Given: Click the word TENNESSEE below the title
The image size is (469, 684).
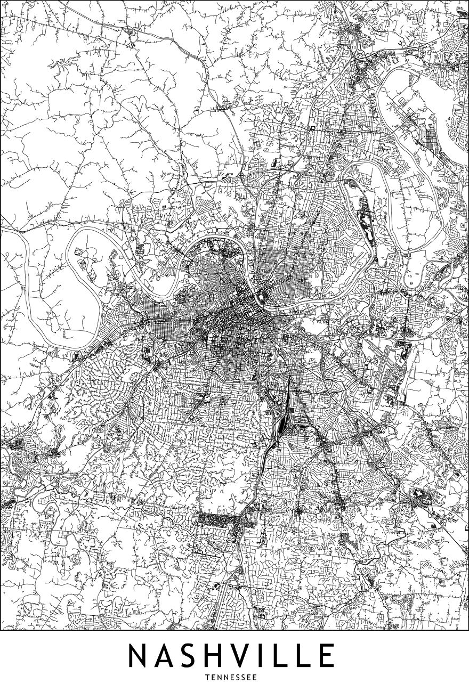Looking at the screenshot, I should [x=234, y=677].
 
